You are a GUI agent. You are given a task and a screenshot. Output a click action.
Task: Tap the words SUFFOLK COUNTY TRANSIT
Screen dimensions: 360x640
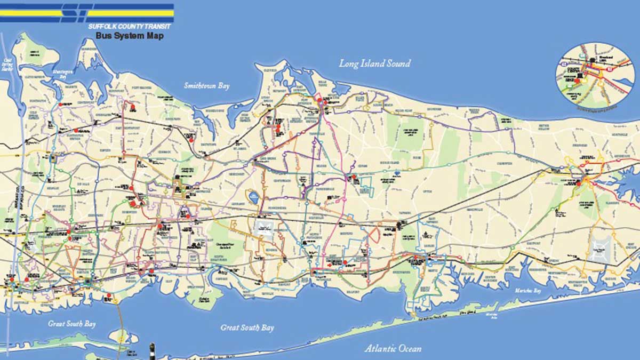coord(131,26)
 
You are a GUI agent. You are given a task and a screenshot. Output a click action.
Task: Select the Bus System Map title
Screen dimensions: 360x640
coord(130,36)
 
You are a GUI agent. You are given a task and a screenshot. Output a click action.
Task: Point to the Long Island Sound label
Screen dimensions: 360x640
coord(375,63)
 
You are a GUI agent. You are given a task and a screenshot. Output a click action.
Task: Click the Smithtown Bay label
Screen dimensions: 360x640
coord(206,85)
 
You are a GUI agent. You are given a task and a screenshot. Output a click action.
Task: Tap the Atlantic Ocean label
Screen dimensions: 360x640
coord(393,348)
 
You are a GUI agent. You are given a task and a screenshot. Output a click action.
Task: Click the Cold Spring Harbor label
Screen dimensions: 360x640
coord(7,65)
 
